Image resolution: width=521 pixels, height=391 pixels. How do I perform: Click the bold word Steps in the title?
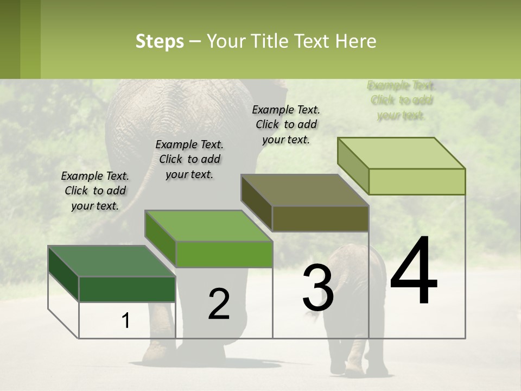[160, 41]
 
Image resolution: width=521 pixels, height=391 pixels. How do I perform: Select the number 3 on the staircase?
[318, 288]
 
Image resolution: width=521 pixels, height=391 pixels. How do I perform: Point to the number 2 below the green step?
[219, 304]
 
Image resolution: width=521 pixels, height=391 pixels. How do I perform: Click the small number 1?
[126, 320]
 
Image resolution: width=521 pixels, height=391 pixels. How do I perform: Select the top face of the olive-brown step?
[304, 190]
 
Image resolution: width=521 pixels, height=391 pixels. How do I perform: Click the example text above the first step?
[95, 191]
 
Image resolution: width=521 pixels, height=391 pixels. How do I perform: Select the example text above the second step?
[189, 159]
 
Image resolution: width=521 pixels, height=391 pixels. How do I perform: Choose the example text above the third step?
[286, 124]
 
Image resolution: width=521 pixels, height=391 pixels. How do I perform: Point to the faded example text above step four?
[401, 100]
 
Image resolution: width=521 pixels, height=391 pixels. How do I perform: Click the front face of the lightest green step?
[417, 181]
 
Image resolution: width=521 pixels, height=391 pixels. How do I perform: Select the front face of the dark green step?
[127, 289]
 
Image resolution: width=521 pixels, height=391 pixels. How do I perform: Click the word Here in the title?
[357, 41]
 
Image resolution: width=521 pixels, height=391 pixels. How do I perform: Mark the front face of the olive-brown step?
[320, 219]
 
